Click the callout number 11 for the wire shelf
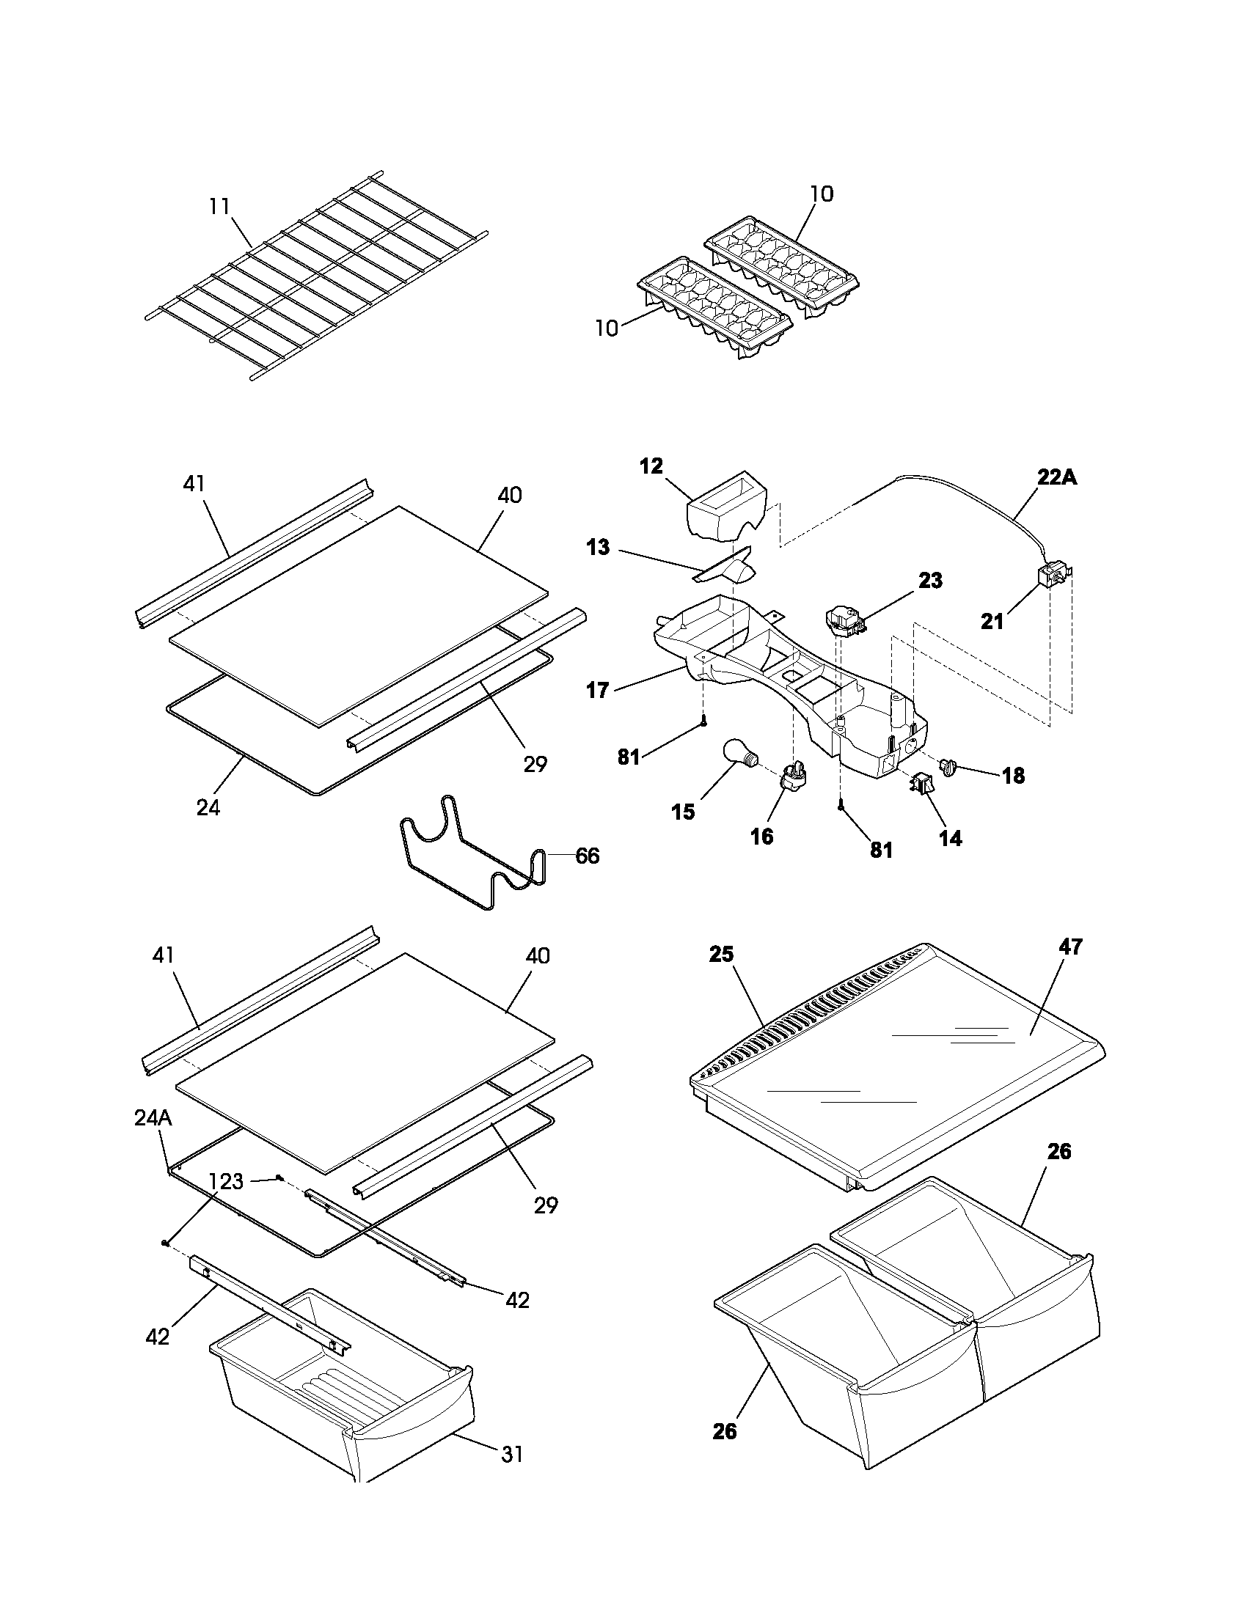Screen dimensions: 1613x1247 coord(219,206)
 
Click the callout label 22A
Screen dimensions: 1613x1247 coord(1056,477)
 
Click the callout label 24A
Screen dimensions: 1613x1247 coord(153,1118)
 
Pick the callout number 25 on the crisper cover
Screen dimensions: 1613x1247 coord(721,954)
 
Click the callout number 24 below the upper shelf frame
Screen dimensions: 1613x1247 coord(208,807)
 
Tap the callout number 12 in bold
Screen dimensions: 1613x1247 coord(651,466)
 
